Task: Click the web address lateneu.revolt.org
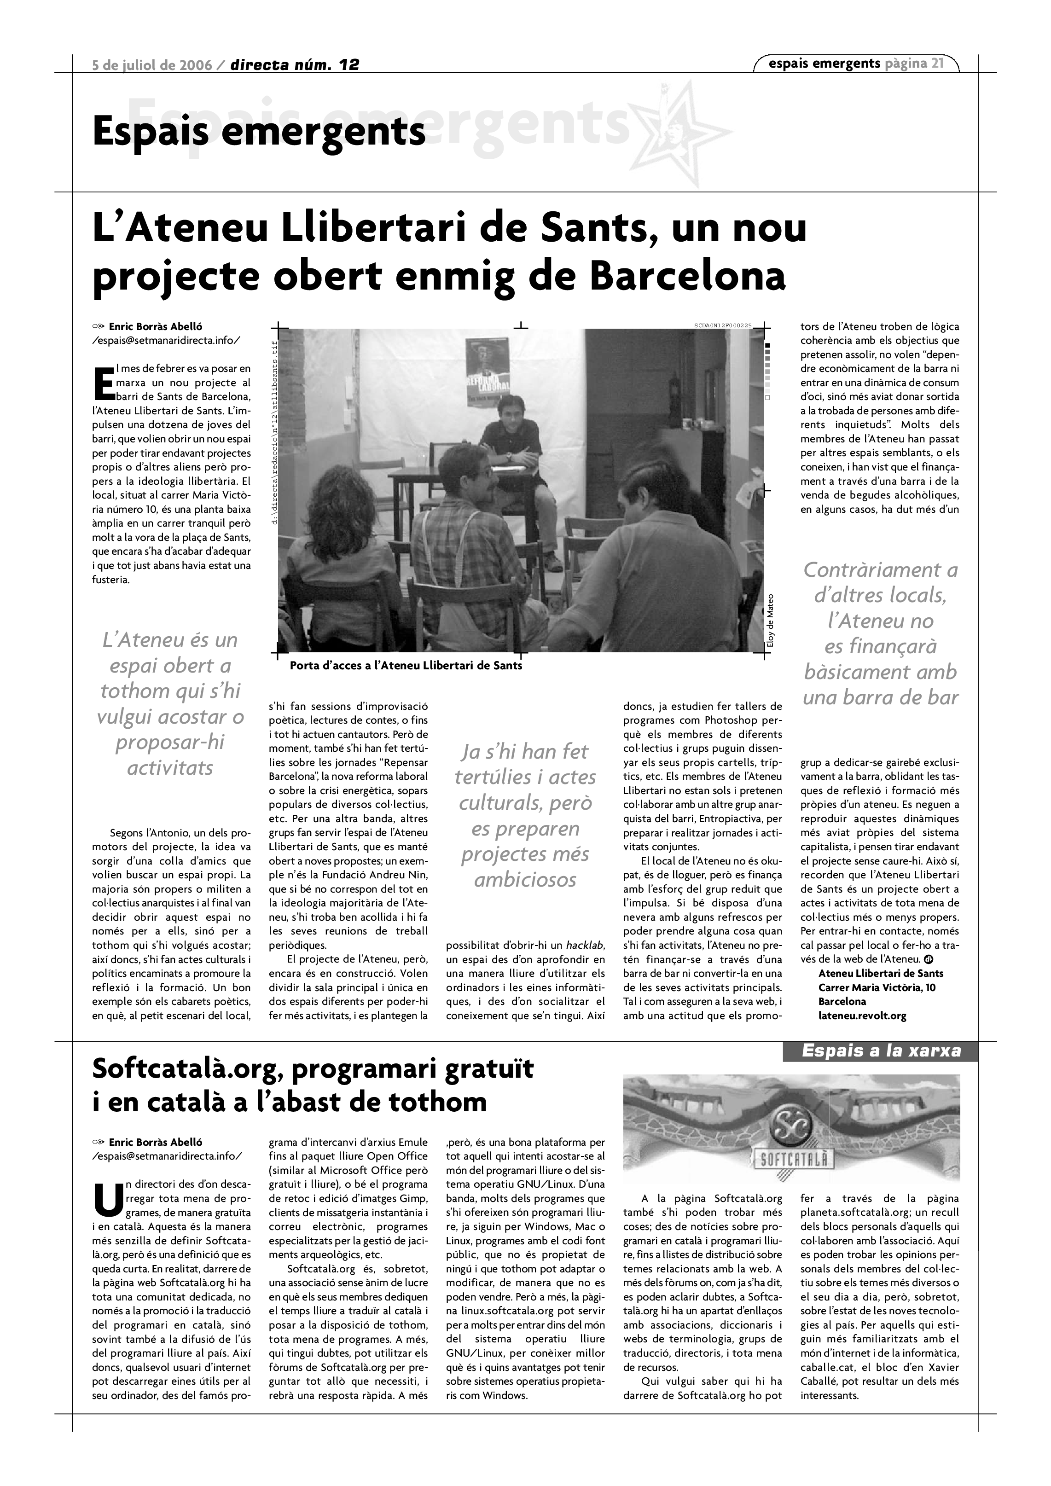point(862,1016)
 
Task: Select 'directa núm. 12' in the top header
point(295,65)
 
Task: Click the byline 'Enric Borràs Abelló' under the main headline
point(155,327)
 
